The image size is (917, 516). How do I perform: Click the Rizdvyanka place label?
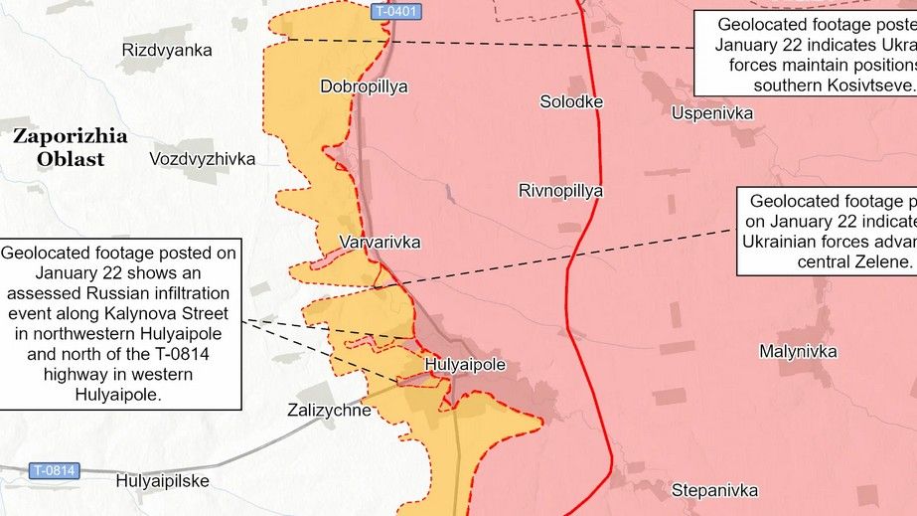[166, 50]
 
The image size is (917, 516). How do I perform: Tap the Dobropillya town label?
[364, 86]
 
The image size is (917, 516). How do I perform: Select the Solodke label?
[571, 101]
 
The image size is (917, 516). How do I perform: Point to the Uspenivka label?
[711, 113]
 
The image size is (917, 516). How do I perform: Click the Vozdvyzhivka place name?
[202, 159]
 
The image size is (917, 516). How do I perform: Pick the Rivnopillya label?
[560, 191]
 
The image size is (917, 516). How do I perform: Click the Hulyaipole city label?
[464, 365]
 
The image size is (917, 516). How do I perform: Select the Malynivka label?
[798, 351]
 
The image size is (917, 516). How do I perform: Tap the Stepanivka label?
[714, 490]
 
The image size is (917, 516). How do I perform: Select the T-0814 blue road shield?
[53, 469]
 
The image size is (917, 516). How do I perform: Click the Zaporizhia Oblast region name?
[58, 147]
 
